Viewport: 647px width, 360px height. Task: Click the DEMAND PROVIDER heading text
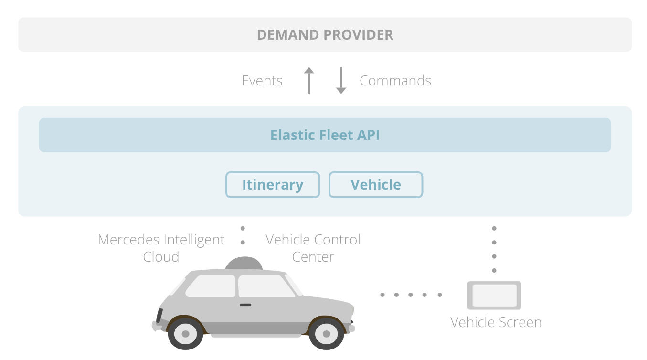[325, 35]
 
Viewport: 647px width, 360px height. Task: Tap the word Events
[262, 81]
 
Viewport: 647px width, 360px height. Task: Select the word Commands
[395, 81]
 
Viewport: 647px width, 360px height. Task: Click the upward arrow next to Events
[309, 80]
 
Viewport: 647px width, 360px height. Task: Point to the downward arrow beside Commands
[341, 80]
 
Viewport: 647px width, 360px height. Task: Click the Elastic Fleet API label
[325, 135]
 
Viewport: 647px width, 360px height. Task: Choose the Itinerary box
[272, 185]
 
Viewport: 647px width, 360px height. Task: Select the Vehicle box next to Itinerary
[376, 185]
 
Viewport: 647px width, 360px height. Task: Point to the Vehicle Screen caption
[496, 322]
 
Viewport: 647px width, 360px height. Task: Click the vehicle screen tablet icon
[494, 296]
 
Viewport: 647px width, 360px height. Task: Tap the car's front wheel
[326, 334]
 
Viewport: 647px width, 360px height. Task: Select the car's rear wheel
[185, 334]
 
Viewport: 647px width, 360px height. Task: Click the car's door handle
[245, 305]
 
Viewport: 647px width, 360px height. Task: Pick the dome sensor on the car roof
[244, 264]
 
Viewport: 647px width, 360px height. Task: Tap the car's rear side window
[211, 286]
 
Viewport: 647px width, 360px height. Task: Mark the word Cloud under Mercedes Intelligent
[161, 257]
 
